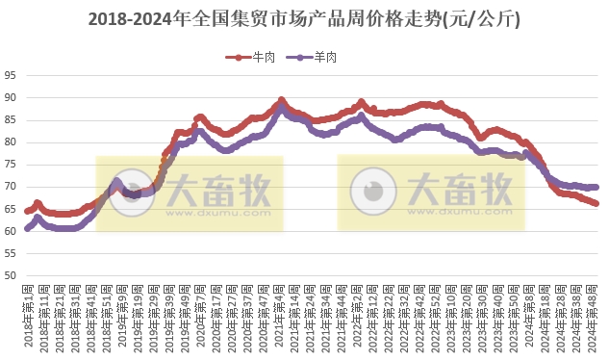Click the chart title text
[304, 18]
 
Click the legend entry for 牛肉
[253, 58]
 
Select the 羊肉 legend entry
[317, 58]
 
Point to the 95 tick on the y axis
[11, 75]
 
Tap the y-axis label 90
[11, 97]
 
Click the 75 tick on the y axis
[11, 165]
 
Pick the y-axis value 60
[11, 231]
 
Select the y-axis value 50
[11, 276]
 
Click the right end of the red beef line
[596, 203]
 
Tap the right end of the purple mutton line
[596, 187]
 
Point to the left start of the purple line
[27, 229]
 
